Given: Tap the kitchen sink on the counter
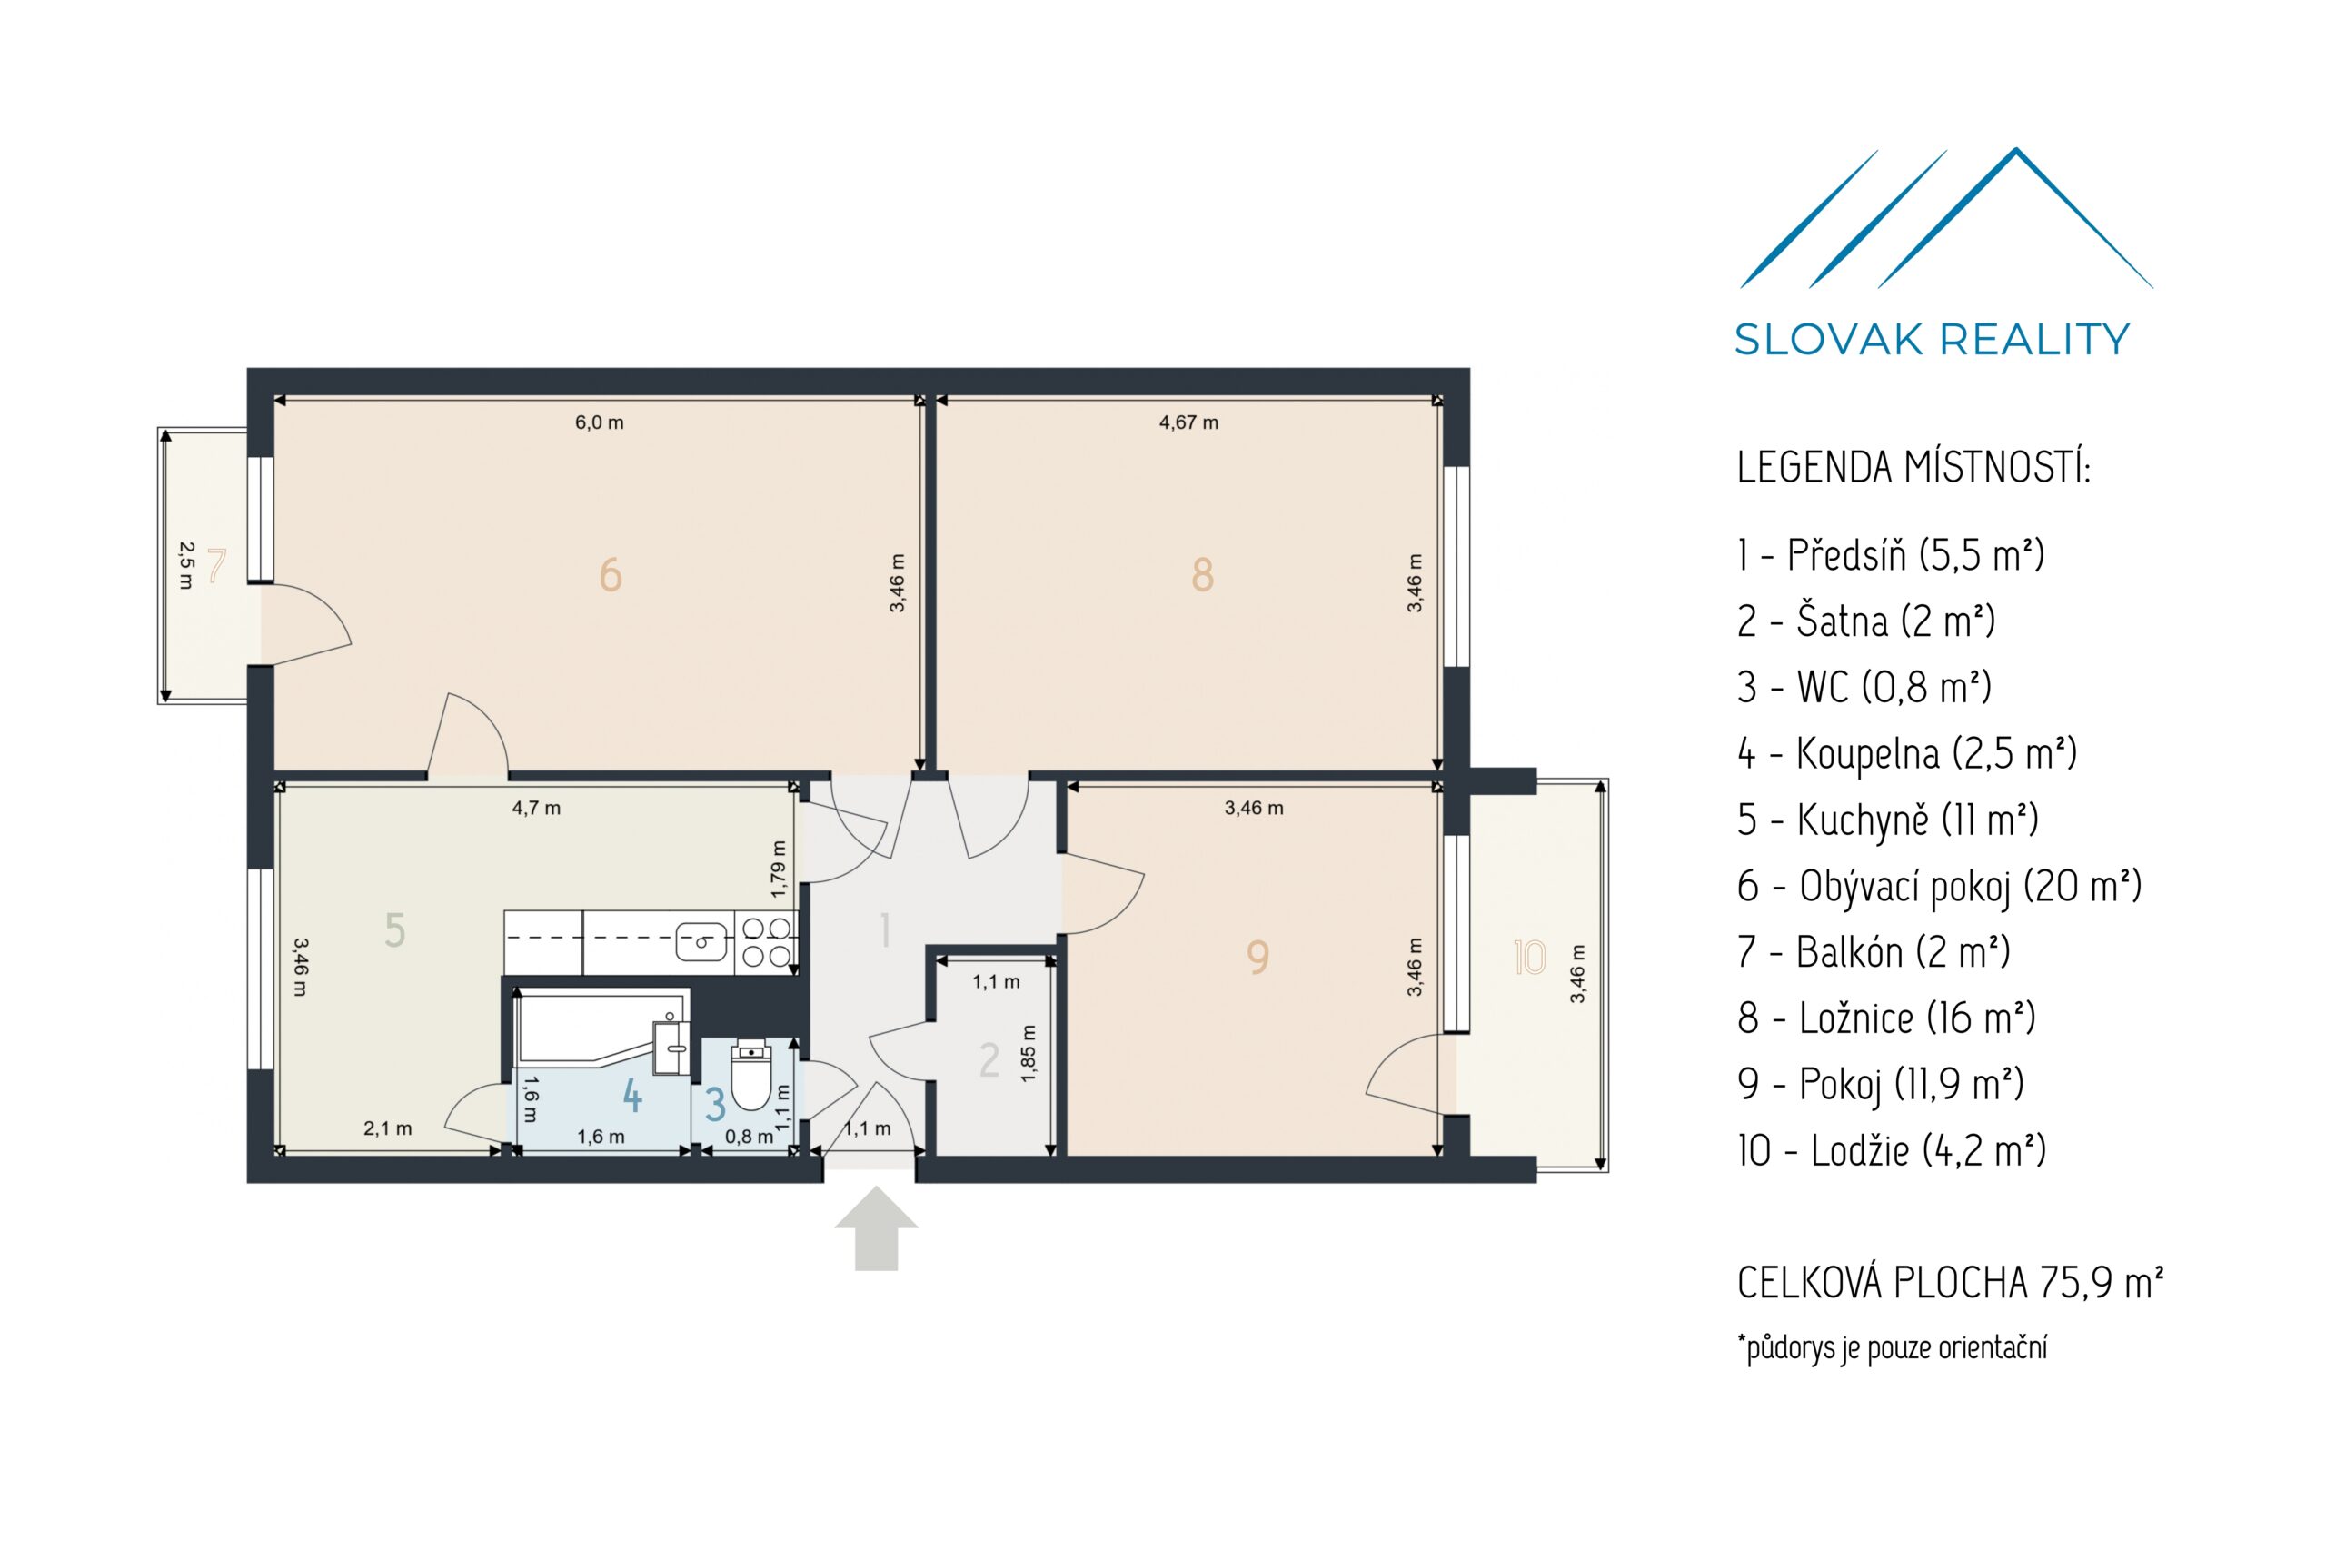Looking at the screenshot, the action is click(x=701, y=940).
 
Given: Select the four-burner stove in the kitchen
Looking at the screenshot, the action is click(x=767, y=941).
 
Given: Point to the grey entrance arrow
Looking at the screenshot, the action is click(x=876, y=1228).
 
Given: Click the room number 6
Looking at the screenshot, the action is click(x=610, y=574).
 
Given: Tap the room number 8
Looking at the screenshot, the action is click(x=1202, y=574).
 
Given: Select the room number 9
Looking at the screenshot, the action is click(x=1257, y=956).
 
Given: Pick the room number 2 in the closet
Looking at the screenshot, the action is click(x=989, y=1060).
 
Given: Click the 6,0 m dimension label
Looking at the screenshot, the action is click(x=599, y=423).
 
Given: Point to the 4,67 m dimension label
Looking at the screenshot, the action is click(x=1188, y=423).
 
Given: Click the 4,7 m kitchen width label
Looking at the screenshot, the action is click(x=536, y=809).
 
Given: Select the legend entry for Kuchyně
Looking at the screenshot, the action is click(x=1887, y=820).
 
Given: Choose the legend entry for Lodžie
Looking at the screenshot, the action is click(x=1891, y=1150).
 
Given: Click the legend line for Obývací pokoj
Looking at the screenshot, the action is click(x=1940, y=887).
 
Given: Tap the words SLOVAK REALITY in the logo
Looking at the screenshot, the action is click(x=1932, y=339).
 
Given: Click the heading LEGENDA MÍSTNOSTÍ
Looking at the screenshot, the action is click(x=1913, y=468).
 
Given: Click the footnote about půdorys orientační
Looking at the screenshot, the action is click(x=1892, y=1347).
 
